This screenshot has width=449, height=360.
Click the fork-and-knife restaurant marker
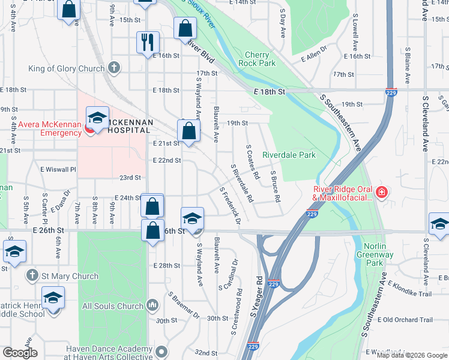[x=148, y=43]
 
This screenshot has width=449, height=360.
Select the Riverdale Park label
[x=289, y=155]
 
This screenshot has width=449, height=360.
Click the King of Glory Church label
[x=67, y=69]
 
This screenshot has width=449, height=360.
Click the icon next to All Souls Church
[x=152, y=306]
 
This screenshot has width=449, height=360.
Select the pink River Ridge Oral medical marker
[x=381, y=193]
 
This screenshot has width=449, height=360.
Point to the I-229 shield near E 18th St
[x=390, y=94]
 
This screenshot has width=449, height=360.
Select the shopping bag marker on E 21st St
[x=188, y=131]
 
